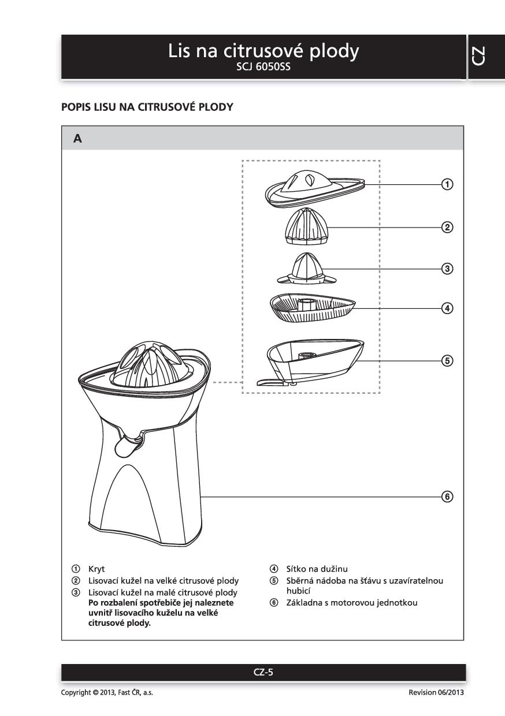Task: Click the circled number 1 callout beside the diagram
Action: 447,185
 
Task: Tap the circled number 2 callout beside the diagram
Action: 447,227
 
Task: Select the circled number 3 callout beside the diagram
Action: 447,268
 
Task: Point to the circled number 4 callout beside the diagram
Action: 447,308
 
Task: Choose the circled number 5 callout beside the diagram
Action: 447,360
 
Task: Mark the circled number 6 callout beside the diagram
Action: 447,497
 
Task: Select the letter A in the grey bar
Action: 77,139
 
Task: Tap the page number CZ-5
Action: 263,672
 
